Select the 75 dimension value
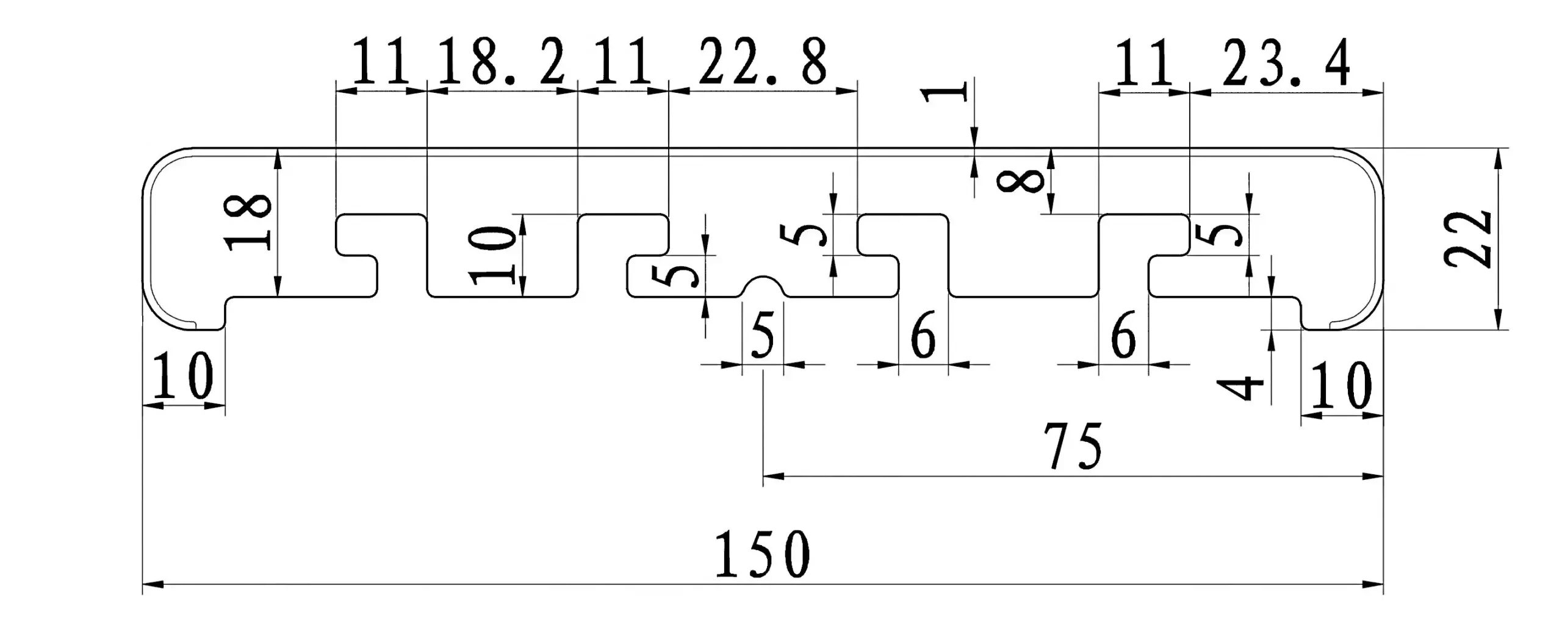1073,446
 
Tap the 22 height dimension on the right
1468,239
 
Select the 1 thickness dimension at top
945,102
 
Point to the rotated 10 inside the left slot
492,255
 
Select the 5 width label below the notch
763,336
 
